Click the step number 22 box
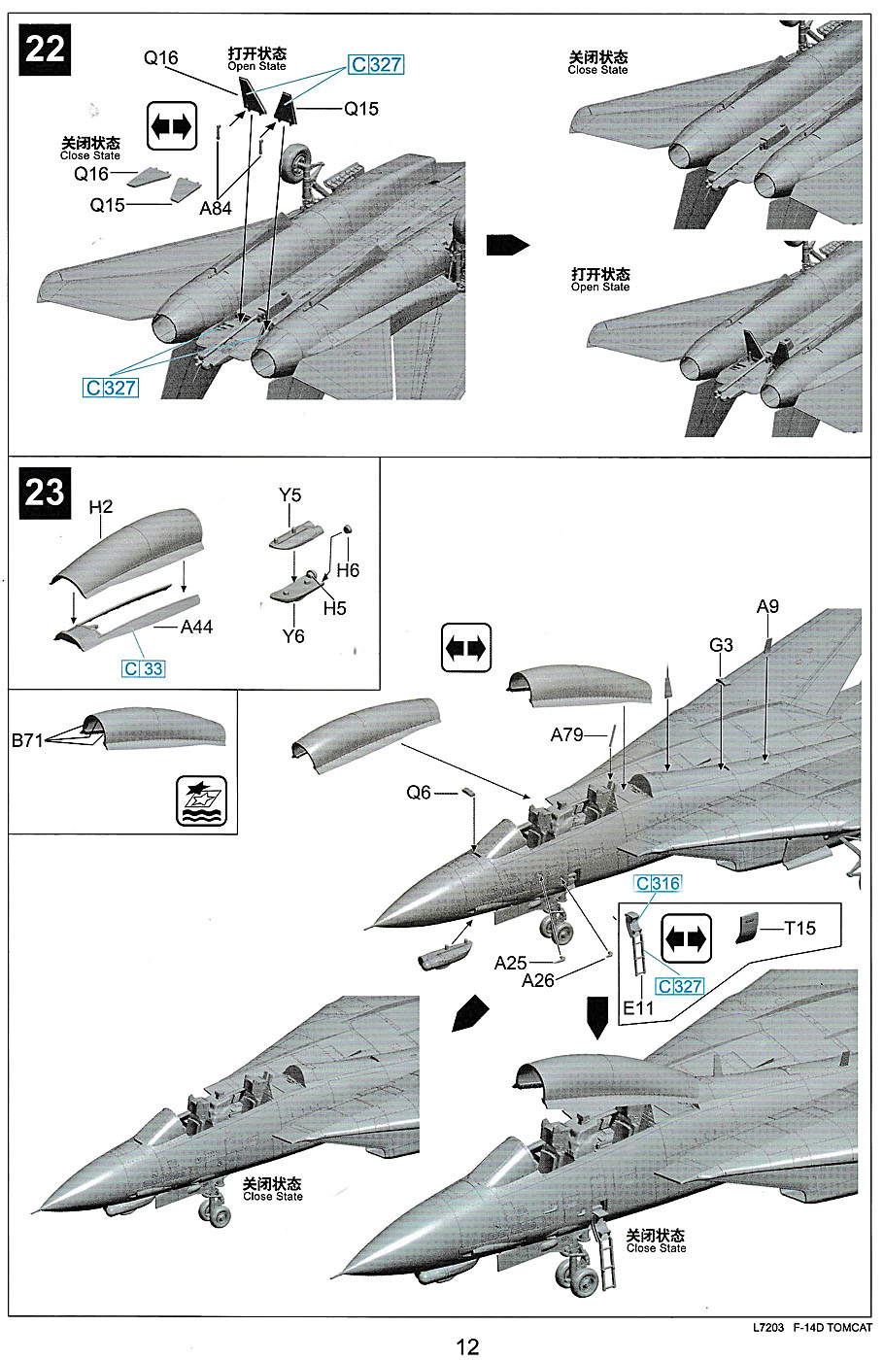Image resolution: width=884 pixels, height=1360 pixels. [x=45, y=49]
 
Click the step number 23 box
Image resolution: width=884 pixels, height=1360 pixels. [x=45, y=492]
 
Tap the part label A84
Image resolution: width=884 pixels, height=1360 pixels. [x=216, y=208]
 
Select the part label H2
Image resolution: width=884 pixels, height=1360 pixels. [x=101, y=507]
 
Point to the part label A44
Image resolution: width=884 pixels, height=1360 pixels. [x=196, y=628]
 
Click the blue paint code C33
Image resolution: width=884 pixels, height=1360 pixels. [x=144, y=669]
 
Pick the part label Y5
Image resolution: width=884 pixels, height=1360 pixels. [x=289, y=495]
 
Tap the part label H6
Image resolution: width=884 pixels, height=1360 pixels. [x=348, y=570]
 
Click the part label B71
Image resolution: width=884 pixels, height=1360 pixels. [x=28, y=741]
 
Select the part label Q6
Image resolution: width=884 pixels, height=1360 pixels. [x=418, y=793]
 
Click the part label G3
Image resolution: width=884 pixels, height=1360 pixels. [x=721, y=645]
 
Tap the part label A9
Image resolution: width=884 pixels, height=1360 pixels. [x=767, y=607]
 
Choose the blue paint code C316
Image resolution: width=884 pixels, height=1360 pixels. [x=658, y=884]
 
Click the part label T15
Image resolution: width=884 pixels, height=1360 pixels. [x=799, y=928]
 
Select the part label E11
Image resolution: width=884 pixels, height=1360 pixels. [x=638, y=1007]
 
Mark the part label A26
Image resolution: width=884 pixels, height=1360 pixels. [x=537, y=980]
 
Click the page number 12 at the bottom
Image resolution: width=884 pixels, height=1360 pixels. [x=467, y=1345]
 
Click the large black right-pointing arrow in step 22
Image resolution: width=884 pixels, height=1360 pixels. [x=507, y=245]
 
